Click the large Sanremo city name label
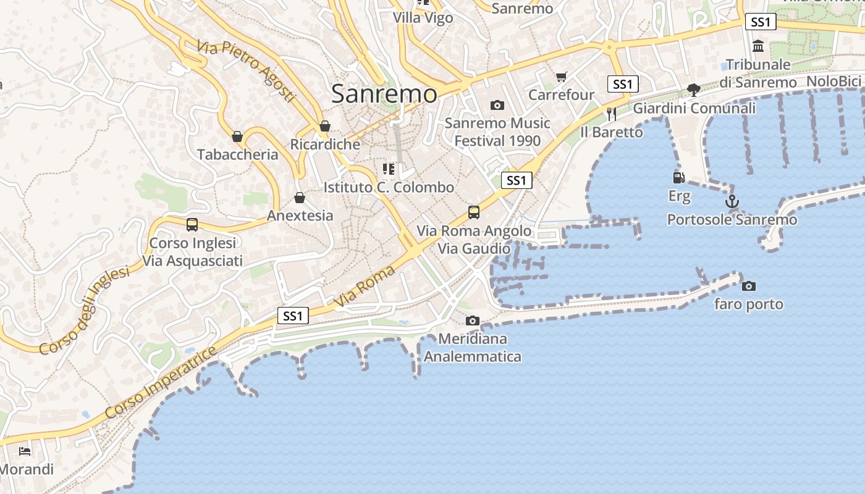(x=384, y=94)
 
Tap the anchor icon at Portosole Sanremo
(x=732, y=201)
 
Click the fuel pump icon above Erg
(x=678, y=178)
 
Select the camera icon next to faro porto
(x=748, y=286)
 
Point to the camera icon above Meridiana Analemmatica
(x=473, y=320)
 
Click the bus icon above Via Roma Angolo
(x=474, y=212)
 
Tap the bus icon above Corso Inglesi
(x=192, y=225)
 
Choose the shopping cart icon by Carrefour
(x=561, y=77)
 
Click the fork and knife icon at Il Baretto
(x=612, y=114)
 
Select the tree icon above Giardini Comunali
(x=694, y=90)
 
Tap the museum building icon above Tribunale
(x=758, y=46)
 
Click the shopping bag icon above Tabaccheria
(x=237, y=136)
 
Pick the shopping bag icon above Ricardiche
(x=325, y=127)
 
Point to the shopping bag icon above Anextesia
(x=300, y=198)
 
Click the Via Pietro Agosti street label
(x=246, y=71)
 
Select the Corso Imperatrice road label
(x=161, y=383)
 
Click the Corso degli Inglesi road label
(x=85, y=311)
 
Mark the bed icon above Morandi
(x=25, y=451)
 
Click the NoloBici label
(x=833, y=82)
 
